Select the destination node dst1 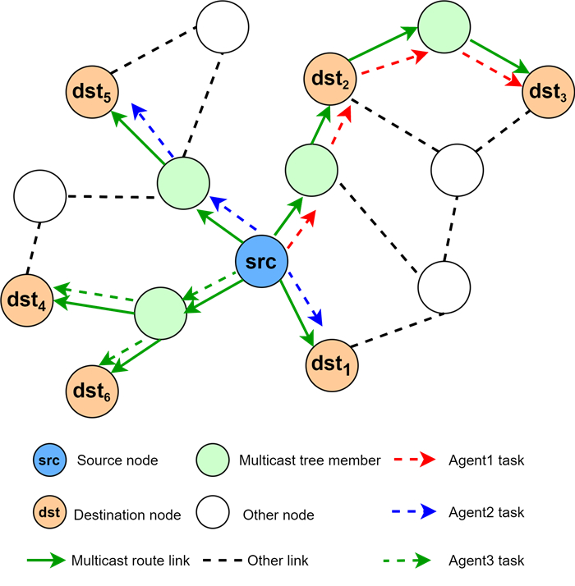point(332,363)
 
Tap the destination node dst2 point(330,80)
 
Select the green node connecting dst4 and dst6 point(160,313)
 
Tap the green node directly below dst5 point(184,184)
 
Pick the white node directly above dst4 point(40,196)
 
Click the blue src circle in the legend point(48,461)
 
